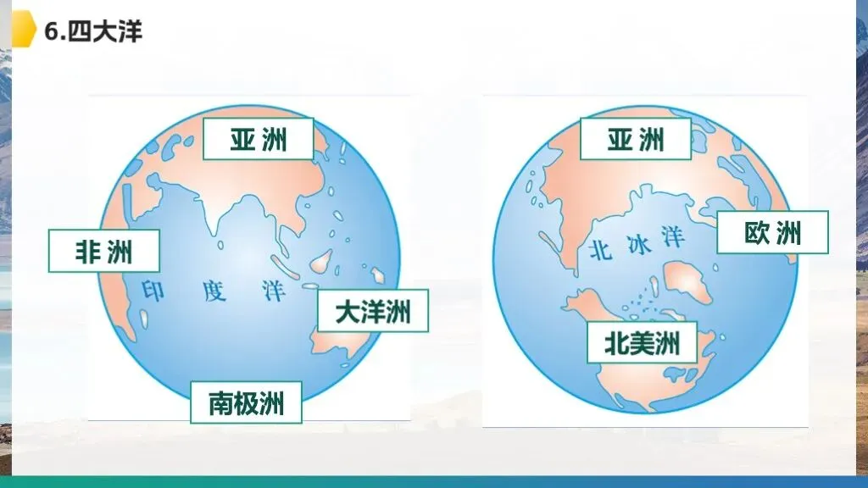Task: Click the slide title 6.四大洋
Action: coord(93,32)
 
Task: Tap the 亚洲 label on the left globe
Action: coord(259,139)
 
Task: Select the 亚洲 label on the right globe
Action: coord(635,139)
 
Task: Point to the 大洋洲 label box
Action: coord(373,311)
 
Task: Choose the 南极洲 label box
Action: coord(246,402)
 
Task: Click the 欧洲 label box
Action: coord(772,232)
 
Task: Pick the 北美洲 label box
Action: coord(642,343)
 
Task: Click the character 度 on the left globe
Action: coord(214,291)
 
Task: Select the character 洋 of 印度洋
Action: coord(273,292)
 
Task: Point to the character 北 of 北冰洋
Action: coord(599,249)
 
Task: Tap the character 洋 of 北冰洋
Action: coord(673,238)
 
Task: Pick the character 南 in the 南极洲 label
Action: coord(222,402)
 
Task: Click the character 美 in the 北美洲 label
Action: coord(642,343)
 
